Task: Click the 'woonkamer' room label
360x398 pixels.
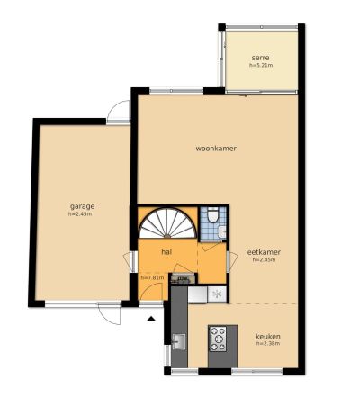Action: (x=216, y=149)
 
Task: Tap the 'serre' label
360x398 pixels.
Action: (x=260, y=58)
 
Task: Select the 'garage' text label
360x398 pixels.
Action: (x=83, y=206)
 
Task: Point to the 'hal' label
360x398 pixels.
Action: (x=166, y=252)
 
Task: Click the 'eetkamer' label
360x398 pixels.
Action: (x=264, y=252)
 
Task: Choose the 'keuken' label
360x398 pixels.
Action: (x=268, y=336)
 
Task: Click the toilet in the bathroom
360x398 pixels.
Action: (x=213, y=214)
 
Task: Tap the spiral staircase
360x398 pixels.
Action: (x=167, y=222)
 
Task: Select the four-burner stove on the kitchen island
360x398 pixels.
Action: (x=218, y=339)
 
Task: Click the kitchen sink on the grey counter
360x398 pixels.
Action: (x=179, y=341)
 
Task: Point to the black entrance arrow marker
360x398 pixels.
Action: (x=151, y=319)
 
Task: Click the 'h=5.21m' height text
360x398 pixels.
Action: (x=261, y=65)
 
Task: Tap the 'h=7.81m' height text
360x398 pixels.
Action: (x=152, y=277)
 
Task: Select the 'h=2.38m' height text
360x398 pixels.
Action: (x=268, y=344)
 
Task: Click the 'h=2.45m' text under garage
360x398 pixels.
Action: (x=80, y=214)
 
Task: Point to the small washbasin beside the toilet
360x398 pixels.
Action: (x=222, y=231)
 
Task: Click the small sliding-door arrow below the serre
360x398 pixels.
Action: (x=243, y=96)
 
